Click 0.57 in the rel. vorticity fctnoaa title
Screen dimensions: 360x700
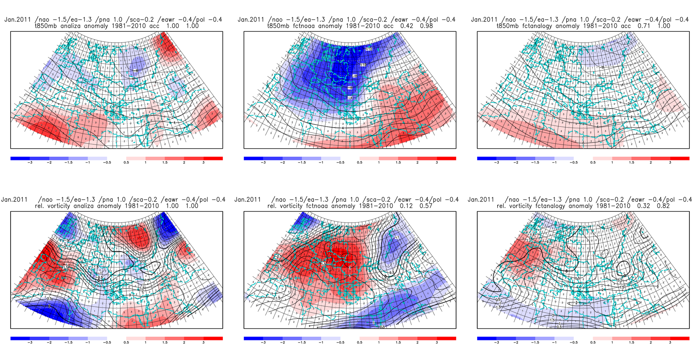[426, 206]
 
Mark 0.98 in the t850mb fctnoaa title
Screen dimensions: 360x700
[426, 26]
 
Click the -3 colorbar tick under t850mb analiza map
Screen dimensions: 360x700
[30, 163]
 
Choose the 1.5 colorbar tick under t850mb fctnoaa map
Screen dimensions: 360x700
[398, 163]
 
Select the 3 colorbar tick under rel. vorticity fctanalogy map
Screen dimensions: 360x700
[670, 343]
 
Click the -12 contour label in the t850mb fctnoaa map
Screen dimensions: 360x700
[369, 49]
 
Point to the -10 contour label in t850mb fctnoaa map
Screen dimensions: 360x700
[363, 65]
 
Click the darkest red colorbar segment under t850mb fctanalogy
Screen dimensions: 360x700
[680, 159]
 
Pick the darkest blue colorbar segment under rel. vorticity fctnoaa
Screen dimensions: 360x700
[253, 339]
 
